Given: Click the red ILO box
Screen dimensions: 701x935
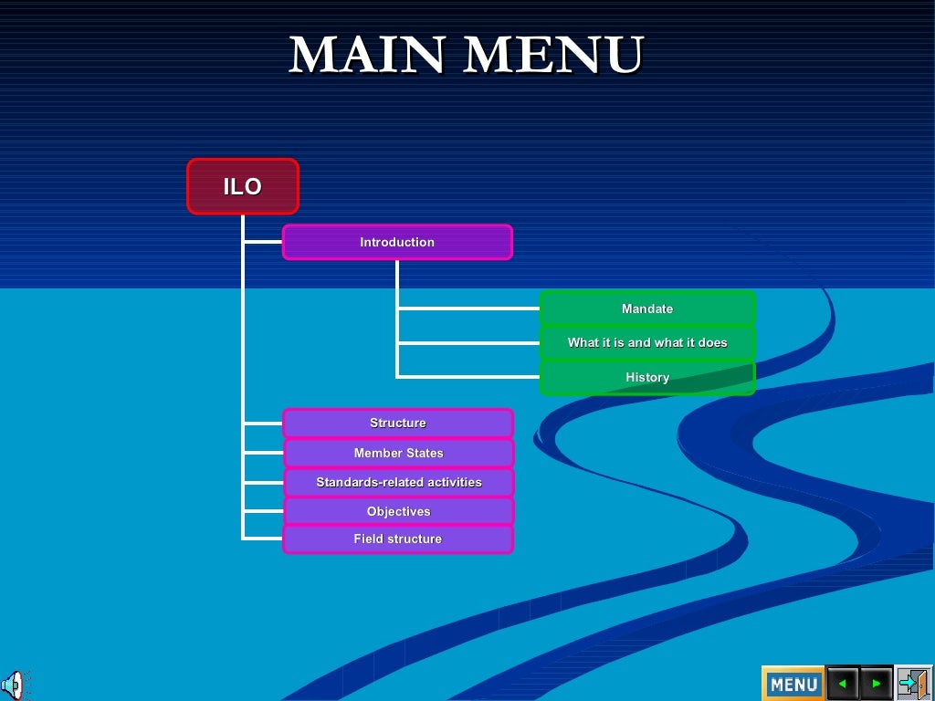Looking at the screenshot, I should (x=243, y=187).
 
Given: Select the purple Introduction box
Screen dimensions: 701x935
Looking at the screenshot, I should (x=397, y=242).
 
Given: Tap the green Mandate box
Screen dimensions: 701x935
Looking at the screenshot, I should (x=647, y=309).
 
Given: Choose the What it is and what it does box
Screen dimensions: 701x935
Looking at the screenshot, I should (x=647, y=343).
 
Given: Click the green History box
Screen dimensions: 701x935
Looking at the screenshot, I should (x=647, y=377).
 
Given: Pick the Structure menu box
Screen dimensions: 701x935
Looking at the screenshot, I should (x=398, y=423).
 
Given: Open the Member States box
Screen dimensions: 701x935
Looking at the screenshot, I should (x=398, y=453).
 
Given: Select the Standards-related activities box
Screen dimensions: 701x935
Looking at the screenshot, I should (x=398, y=482).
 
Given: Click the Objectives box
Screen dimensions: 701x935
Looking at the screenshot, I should (x=398, y=511).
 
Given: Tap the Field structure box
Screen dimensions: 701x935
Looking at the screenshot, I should (x=398, y=539).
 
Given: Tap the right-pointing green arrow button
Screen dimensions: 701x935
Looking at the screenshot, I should (x=877, y=683).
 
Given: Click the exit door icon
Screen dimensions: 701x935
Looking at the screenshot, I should (x=913, y=683).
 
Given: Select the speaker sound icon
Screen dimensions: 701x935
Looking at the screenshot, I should (x=14, y=684).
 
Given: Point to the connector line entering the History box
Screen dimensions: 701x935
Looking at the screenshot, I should (x=467, y=376).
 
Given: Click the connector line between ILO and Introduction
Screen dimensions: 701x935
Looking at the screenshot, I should (x=263, y=242).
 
